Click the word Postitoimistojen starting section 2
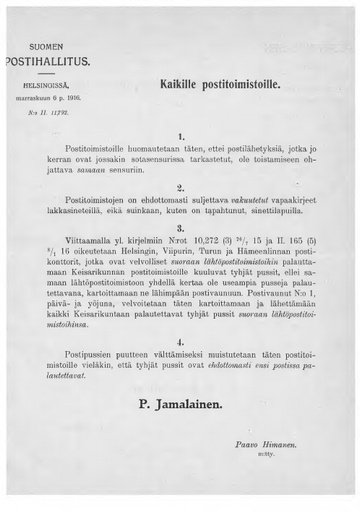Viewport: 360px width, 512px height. click(96, 202)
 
